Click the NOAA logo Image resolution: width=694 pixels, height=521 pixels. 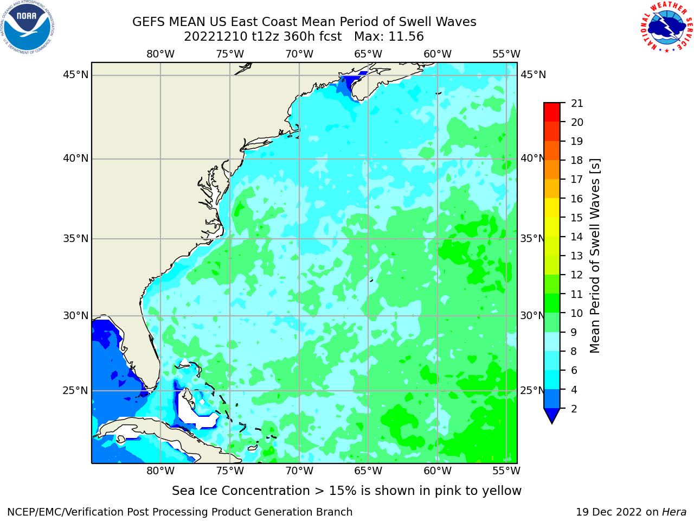point(27,27)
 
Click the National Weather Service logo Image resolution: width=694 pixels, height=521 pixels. point(666,27)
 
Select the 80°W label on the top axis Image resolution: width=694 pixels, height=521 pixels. point(160,54)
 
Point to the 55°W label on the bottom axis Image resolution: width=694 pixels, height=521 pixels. point(506,471)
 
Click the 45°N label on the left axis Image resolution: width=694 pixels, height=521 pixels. point(75,75)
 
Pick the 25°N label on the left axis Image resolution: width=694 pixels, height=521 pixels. point(75,391)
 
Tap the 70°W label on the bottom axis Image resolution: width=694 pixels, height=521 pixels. point(299,471)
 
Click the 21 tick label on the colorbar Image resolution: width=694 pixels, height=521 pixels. point(577,104)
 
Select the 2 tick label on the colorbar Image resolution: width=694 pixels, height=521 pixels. point(574,409)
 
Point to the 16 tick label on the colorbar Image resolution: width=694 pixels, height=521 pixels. point(577,199)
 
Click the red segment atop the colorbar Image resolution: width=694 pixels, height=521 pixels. point(552,112)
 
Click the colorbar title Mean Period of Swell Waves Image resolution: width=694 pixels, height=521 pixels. point(595,256)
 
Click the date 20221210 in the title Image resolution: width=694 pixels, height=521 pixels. point(216,37)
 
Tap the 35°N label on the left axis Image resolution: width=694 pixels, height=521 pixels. point(75,238)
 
